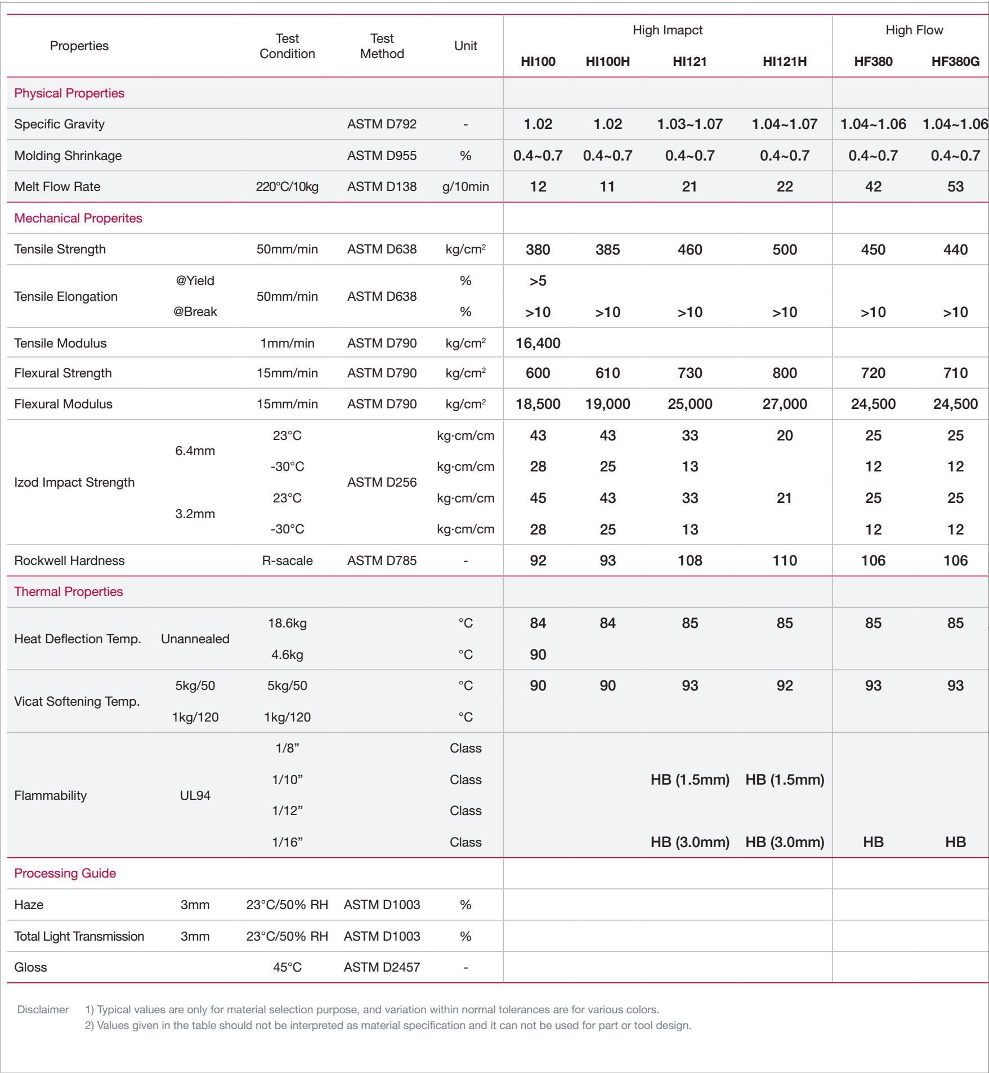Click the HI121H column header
(x=784, y=61)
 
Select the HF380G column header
(x=955, y=61)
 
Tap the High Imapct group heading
(x=667, y=30)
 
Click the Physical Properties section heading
(x=69, y=93)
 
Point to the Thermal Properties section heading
(x=68, y=591)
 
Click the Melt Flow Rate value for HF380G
(x=955, y=186)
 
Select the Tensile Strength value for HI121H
(x=784, y=250)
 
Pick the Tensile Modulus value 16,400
(x=538, y=343)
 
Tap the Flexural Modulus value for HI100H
(x=607, y=404)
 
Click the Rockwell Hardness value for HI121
(x=690, y=560)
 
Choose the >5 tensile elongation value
(x=538, y=281)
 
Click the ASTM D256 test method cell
(x=382, y=482)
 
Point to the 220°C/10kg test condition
(x=287, y=186)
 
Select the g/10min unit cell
(x=466, y=186)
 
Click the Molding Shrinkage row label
(x=68, y=155)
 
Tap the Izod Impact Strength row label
(x=74, y=482)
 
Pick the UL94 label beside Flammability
(x=195, y=795)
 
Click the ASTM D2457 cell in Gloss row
(x=382, y=967)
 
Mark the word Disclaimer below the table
(x=43, y=1009)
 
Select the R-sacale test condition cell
(x=287, y=560)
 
